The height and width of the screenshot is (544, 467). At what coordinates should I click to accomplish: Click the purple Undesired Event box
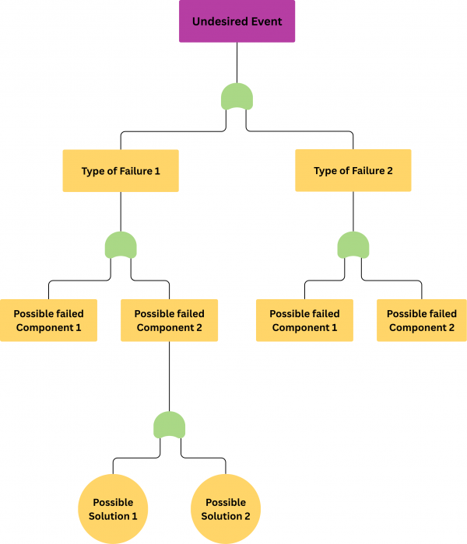(237, 21)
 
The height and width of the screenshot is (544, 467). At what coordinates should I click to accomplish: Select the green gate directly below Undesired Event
(237, 96)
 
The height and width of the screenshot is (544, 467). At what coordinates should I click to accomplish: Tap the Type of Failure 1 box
(121, 170)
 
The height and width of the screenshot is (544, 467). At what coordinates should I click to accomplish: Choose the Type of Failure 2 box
(353, 170)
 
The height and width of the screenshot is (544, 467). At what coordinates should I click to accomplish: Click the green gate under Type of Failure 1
(121, 246)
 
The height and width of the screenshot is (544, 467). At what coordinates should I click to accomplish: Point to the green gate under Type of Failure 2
(353, 246)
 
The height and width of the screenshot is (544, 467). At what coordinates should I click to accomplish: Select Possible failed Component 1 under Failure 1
(48, 320)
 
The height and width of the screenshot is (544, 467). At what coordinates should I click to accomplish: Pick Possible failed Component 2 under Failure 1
(169, 320)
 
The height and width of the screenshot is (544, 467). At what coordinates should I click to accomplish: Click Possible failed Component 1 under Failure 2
(304, 320)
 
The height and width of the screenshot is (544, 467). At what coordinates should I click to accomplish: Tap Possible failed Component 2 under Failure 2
(421, 320)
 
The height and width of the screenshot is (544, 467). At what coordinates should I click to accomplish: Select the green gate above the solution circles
(169, 425)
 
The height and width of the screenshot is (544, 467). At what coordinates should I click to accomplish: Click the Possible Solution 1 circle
(113, 509)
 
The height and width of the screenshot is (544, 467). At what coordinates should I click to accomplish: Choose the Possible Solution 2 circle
(226, 509)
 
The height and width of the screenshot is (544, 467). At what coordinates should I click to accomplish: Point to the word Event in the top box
(266, 21)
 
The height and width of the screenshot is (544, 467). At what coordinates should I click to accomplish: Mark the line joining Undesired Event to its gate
(237, 62)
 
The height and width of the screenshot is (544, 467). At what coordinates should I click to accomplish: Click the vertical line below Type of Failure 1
(121, 211)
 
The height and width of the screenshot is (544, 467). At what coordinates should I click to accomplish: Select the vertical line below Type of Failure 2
(353, 211)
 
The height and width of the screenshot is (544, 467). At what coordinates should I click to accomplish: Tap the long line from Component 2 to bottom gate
(169, 377)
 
